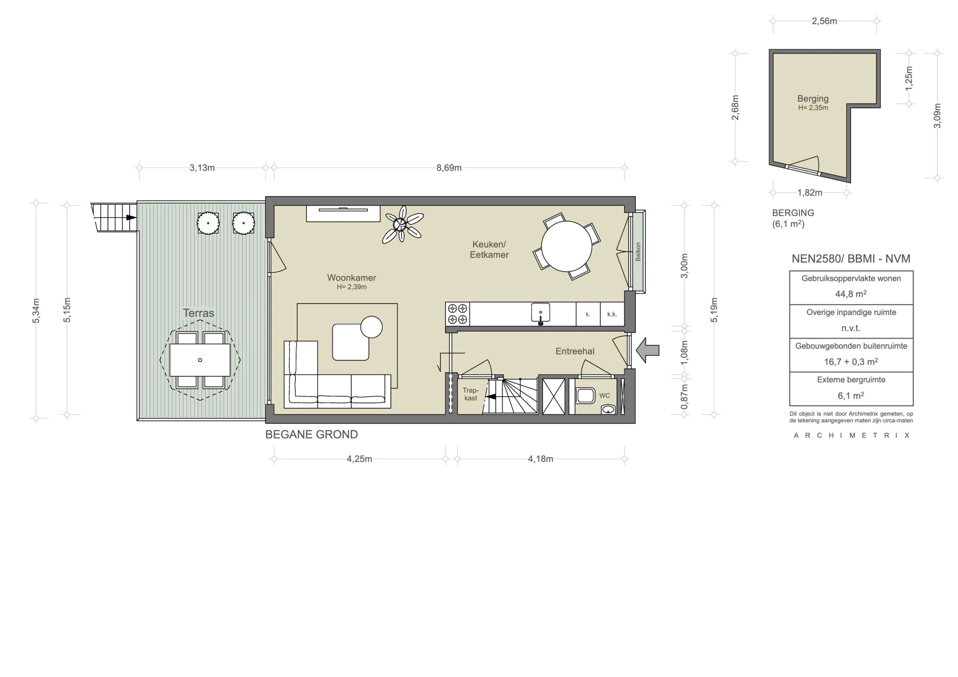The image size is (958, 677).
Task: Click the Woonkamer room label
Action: point(351,278)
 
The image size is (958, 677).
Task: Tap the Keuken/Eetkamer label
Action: point(489,249)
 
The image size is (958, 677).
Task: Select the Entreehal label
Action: point(574,351)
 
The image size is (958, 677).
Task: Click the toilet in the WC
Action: point(585,396)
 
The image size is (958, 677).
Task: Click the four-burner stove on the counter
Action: point(457,314)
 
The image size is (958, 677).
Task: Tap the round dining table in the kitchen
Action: point(566,246)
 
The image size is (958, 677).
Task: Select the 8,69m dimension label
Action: point(449,168)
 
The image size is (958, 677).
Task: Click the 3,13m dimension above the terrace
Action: point(202,168)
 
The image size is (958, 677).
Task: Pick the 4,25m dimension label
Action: point(359,459)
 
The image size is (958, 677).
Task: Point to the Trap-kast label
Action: point(471,394)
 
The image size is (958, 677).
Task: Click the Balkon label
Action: point(638,252)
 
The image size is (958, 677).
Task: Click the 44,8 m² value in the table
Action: point(851,294)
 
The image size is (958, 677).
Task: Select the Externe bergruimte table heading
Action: point(851,380)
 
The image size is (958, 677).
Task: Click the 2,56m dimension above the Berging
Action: point(824,21)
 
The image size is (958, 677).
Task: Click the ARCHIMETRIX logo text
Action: point(851,435)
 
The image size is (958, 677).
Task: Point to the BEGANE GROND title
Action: point(311,435)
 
